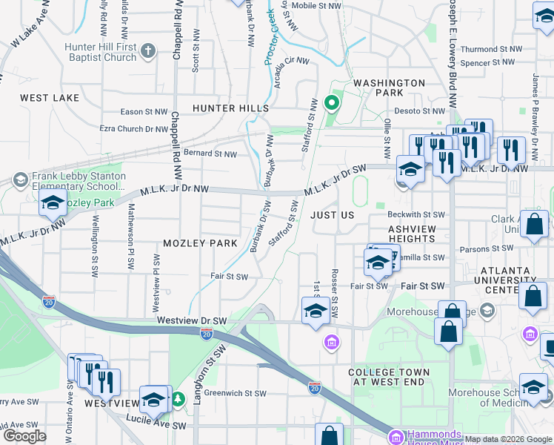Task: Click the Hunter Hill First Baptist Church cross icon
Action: [148, 50]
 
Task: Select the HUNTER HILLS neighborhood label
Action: [230, 108]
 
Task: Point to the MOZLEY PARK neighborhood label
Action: [200, 243]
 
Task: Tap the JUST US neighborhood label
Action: [333, 214]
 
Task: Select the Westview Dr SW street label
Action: [192, 320]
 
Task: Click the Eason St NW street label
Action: [144, 112]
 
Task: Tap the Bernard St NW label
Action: [210, 154]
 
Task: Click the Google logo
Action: [24, 436]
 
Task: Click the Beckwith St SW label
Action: [418, 214]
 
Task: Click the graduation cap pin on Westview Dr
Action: [316, 311]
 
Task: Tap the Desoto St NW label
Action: [405, 112]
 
